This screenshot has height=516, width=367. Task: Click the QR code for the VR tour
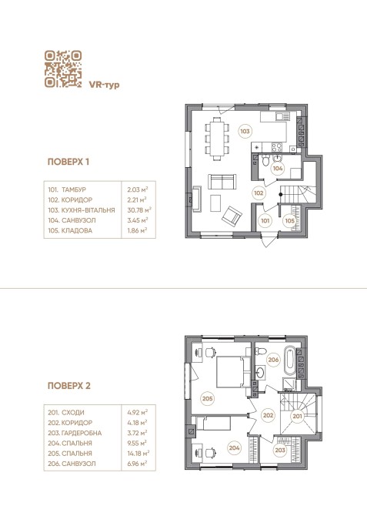(x=63, y=69)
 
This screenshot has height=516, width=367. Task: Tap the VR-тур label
(x=104, y=85)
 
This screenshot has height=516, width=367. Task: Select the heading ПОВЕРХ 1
(x=68, y=162)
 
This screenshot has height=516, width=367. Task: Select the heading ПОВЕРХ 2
(x=69, y=386)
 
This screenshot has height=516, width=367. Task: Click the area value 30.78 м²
(x=139, y=210)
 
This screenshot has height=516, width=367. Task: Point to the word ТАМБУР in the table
(x=74, y=189)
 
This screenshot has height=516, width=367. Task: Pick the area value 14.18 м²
(x=138, y=453)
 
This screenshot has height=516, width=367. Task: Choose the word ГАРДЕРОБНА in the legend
(x=82, y=433)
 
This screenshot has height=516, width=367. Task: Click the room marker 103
(x=245, y=131)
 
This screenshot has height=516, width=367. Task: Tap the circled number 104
(x=278, y=169)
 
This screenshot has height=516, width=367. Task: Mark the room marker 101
(x=265, y=221)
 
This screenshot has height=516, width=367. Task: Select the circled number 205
(x=208, y=398)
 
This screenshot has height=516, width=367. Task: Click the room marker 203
(x=280, y=450)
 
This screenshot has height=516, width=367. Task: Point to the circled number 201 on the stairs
(x=297, y=417)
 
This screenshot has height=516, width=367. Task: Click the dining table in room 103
(x=217, y=139)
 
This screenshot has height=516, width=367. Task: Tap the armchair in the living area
(x=232, y=216)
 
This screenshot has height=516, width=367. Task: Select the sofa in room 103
(x=222, y=182)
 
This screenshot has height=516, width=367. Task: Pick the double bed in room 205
(x=233, y=371)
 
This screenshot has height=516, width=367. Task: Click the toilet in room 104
(x=265, y=161)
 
